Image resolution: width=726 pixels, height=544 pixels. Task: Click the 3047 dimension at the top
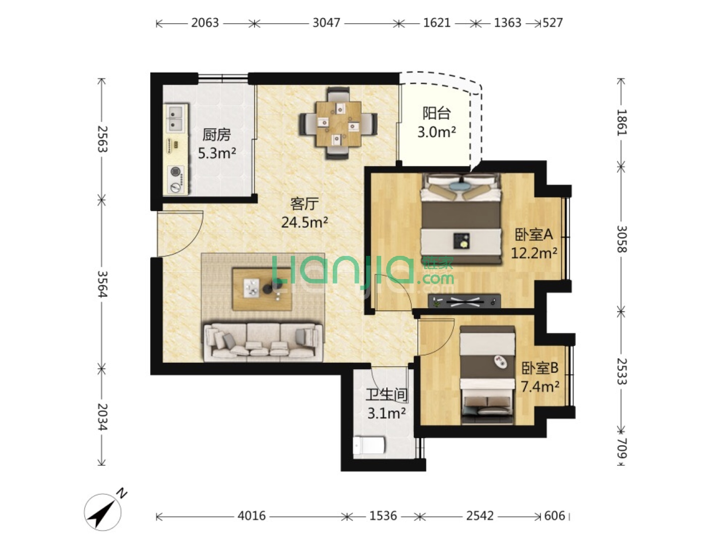(x=326, y=23)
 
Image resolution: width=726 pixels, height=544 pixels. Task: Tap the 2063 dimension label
(x=205, y=23)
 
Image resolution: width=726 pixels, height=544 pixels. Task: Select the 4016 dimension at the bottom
(x=252, y=516)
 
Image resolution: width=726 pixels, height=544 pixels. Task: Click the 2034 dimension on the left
(x=102, y=417)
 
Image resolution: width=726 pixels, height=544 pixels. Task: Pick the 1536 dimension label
(x=383, y=516)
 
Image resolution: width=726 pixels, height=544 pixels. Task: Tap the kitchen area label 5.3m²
(x=217, y=153)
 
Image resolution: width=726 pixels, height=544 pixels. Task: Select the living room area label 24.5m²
(x=305, y=222)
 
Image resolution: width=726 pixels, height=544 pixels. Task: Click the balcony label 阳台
(x=437, y=113)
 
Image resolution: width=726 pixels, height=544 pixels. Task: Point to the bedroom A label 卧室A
(x=534, y=235)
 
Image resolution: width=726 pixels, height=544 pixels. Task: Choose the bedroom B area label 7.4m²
(x=540, y=386)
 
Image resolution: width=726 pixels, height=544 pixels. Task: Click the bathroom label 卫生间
(x=386, y=395)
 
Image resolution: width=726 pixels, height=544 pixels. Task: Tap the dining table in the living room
(x=338, y=124)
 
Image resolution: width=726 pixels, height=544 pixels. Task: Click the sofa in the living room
(x=263, y=342)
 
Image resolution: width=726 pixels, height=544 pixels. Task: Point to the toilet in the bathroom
(x=369, y=446)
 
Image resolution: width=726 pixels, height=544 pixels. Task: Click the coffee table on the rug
(x=262, y=289)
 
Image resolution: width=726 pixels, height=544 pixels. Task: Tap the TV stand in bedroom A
(x=464, y=301)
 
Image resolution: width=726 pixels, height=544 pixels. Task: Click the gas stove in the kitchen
(x=176, y=179)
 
